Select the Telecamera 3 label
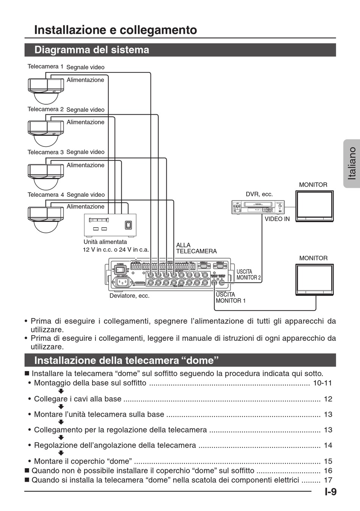click(x=45, y=152)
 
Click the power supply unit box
click(x=110, y=225)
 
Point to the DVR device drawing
click(x=258, y=207)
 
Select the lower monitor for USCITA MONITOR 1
click(x=315, y=280)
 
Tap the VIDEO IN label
click(x=277, y=219)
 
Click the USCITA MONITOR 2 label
click(x=249, y=275)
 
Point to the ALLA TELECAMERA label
click(x=196, y=248)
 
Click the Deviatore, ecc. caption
click(x=129, y=296)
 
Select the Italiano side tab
click(x=352, y=163)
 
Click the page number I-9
click(x=330, y=492)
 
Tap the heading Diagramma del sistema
click(x=92, y=50)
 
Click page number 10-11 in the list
click(x=322, y=383)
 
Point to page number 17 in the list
click(x=328, y=480)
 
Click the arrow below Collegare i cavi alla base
click(x=61, y=407)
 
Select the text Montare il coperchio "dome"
click(x=83, y=461)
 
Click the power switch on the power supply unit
click(x=128, y=225)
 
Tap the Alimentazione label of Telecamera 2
click(x=85, y=122)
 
